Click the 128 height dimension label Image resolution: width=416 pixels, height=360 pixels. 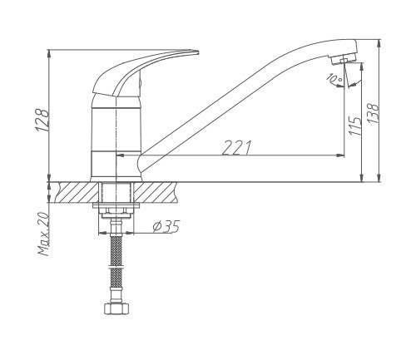(42, 120)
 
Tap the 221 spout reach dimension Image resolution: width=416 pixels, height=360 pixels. (236, 147)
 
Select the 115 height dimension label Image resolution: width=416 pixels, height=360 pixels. (355, 126)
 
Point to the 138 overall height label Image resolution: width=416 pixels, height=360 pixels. (373, 113)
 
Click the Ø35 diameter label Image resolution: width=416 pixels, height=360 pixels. (166, 226)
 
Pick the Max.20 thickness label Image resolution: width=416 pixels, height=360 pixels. (44, 234)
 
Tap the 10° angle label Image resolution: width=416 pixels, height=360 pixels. (334, 78)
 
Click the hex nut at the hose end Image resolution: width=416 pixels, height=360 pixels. (116, 308)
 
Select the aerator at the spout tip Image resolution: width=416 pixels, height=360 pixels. (344, 59)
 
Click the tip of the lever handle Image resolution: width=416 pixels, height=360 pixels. (198, 52)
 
